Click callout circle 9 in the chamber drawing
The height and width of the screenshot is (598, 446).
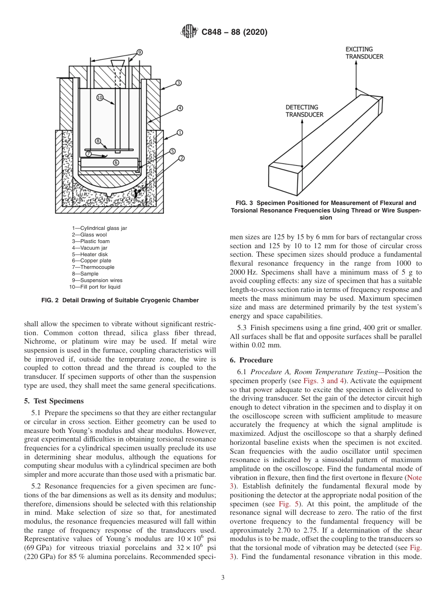click(x=139, y=52)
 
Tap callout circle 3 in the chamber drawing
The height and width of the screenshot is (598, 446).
click(x=178, y=83)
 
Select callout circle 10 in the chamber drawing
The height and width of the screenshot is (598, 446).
click(x=100, y=97)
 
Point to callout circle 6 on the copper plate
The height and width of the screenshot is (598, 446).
click(x=116, y=163)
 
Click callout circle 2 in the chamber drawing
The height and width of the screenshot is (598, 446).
click(x=182, y=158)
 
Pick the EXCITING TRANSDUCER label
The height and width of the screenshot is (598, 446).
click(x=364, y=53)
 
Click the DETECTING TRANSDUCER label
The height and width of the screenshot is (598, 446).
click(x=304, y=111)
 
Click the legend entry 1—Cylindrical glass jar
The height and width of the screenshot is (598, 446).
click(x=99, y=228)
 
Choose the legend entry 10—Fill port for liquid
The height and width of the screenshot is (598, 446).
click(x=95, y=287)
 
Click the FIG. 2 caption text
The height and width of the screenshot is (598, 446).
click(x=120, y=300)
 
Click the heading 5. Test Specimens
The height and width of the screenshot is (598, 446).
click(x=54, y=401)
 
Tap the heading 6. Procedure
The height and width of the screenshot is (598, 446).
click(x=251, y=360)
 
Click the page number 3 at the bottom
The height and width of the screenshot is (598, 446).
click(x=223, y=578)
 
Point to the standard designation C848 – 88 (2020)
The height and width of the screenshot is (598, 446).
click(x=234, y=32)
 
